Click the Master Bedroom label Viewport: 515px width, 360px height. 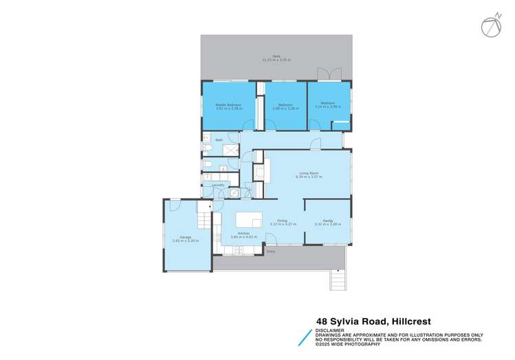[228, 104]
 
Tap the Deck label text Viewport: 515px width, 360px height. [276, 56]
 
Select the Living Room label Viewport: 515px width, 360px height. [308, 173]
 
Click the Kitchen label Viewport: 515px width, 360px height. [243, 234]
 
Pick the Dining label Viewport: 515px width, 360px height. [283, 221]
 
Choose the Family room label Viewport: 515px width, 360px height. [328, 221]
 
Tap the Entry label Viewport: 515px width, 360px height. [271, 252]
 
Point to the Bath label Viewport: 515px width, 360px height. [219, 140]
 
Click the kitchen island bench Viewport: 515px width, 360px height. [249, 219]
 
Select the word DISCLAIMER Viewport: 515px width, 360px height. [329, 330]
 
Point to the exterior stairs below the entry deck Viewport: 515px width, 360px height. [336, 280]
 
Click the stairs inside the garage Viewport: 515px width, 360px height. [204, 220]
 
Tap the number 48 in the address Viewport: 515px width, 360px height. [321, 320]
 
